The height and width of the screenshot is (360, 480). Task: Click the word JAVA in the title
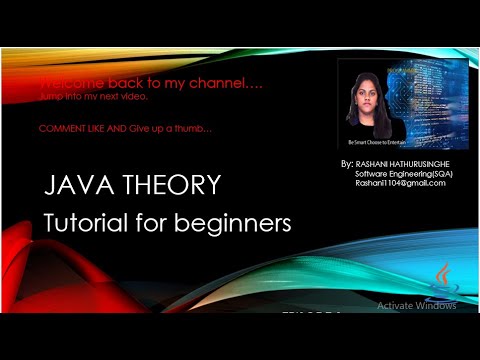pyautogui.click(x=76, y=186)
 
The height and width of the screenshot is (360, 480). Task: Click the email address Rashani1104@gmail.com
pyautogui.click(x=399, y=182)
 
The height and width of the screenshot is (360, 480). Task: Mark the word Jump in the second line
pyautogui.click(x=51, y=96)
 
